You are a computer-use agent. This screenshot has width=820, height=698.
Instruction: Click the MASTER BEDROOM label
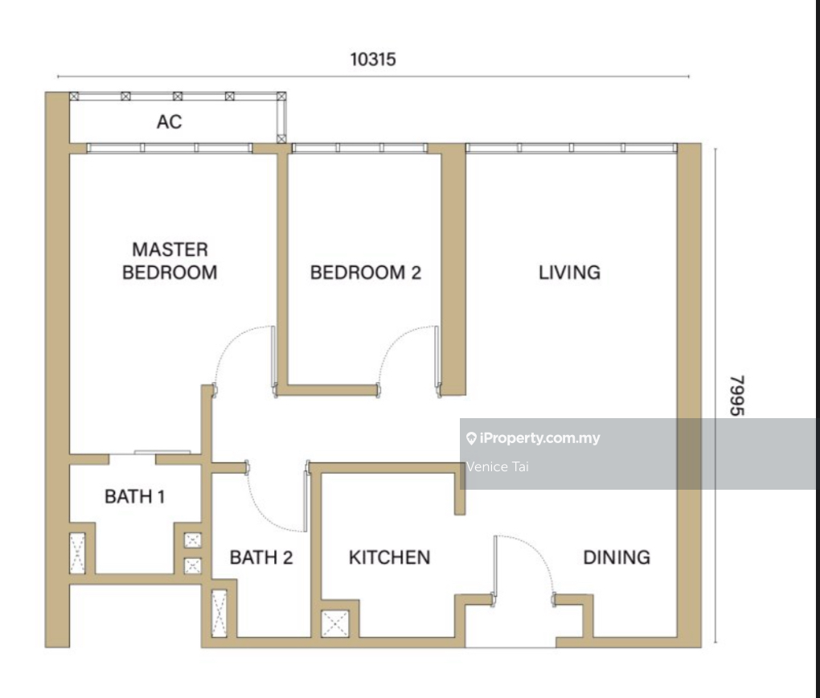[x=170, y=261]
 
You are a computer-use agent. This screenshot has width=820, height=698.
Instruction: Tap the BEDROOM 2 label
[x=366, y=273]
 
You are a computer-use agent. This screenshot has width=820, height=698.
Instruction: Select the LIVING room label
[x=569, y=273]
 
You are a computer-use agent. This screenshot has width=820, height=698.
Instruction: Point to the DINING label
[x=617, y=557]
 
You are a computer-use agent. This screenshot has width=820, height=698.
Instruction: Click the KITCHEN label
[x=390, y=557]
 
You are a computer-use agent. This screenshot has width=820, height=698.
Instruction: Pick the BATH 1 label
[x=135, y=496]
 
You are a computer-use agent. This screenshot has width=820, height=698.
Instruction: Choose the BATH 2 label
[x=261, y=557]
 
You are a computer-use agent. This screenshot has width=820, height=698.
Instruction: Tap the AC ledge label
[x=170, y=122]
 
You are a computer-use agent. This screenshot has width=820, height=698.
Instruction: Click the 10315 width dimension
[x=373, y=60]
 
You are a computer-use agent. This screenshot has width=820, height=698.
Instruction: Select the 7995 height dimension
[x=736, y=396]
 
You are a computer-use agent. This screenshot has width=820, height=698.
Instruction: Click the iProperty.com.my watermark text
[x=539, y=438]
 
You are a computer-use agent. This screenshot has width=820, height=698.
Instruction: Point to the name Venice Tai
[x=498, y=466]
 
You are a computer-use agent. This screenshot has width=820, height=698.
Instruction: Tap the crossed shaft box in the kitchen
[x=334, y=624]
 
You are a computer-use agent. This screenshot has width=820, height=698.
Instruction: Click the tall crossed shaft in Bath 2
[x=219, y=614]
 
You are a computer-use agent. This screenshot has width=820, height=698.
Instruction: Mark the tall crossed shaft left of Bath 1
[x=77, y=553]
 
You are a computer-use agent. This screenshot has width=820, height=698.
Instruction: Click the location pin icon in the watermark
[x=471, y=438]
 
